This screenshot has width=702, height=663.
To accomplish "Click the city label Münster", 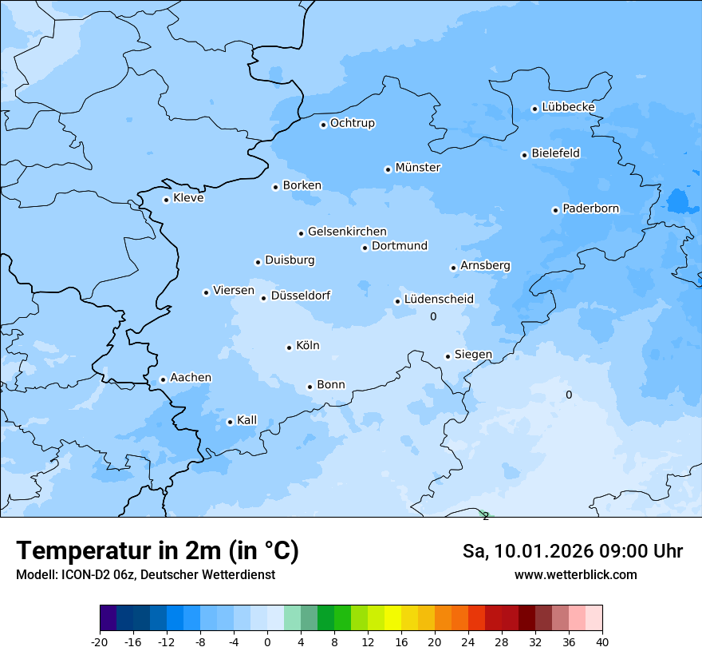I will [418, 168].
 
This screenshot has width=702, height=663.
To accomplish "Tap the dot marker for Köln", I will [289, 347].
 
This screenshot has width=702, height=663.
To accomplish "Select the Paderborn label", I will [590, 208].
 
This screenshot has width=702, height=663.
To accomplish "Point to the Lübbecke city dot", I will [535, 109].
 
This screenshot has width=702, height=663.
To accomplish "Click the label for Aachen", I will [191, 378].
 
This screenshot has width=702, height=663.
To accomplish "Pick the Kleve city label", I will [188, 198].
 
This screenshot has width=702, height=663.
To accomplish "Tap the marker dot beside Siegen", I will [448, 356].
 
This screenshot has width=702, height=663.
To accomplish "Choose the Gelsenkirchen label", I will [347, 232].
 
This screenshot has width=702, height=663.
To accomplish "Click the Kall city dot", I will [230, 422].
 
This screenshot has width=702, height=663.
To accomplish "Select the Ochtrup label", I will [353, 123].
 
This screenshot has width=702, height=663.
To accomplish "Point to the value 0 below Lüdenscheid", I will [433, 317].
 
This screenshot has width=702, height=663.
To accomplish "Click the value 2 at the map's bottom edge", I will [485, 516].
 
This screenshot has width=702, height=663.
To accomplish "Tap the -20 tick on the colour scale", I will [100, 642].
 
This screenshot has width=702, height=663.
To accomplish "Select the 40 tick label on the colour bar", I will [601, 642].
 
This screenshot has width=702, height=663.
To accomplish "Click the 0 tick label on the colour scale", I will [267, 642].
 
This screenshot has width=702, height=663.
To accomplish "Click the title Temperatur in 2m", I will [157, 551].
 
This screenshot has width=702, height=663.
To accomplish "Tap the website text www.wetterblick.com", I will [575, 575].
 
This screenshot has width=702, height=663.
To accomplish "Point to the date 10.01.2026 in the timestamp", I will [543, 551].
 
